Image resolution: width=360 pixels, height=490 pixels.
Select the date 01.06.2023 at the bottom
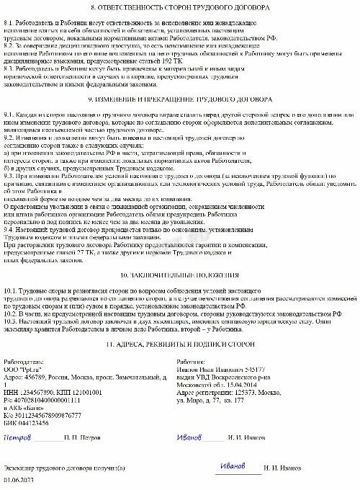click(x=19, y=480)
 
